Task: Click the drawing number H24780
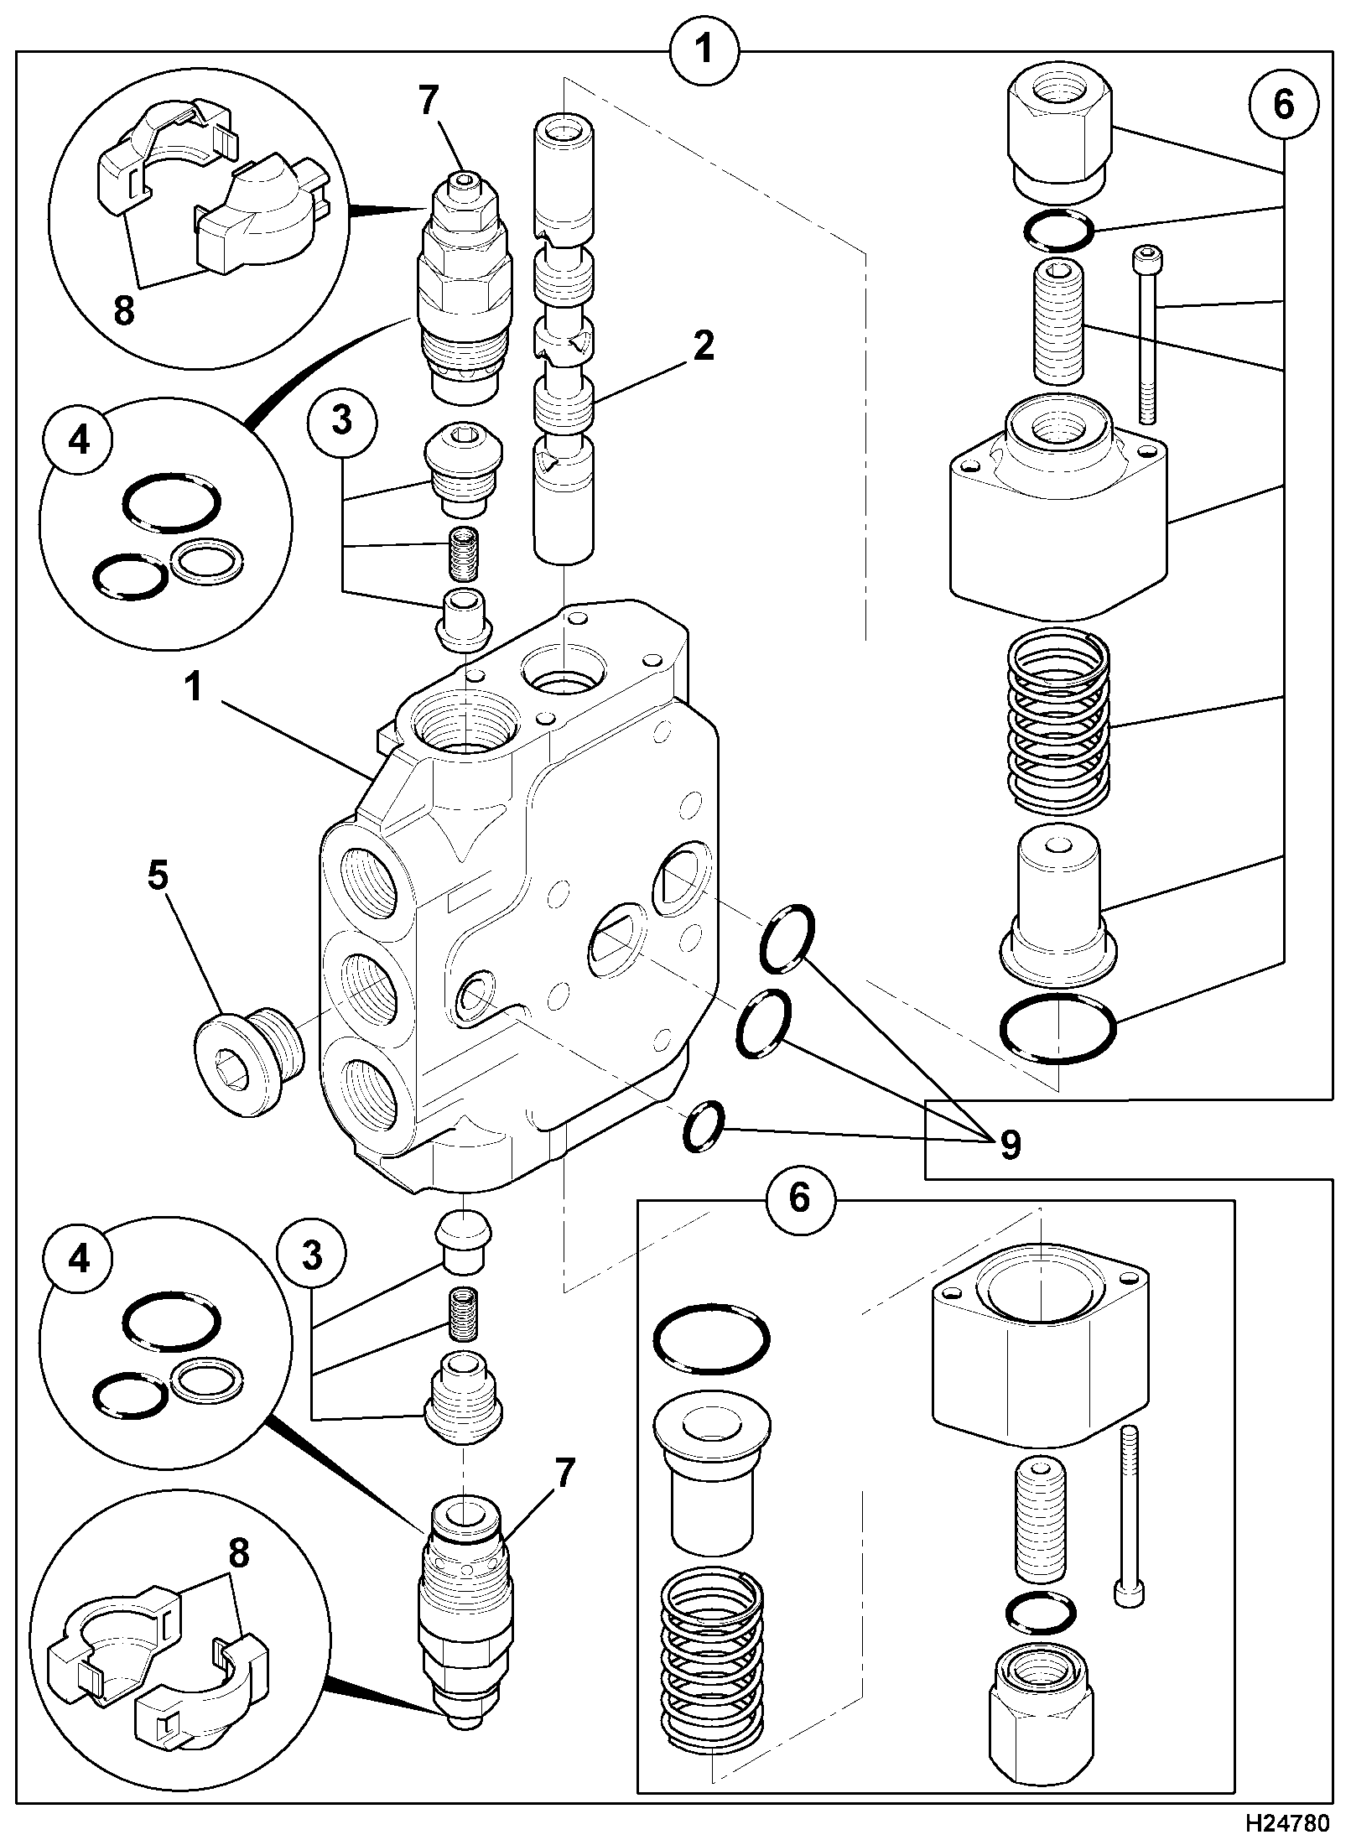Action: pos(1287,1819)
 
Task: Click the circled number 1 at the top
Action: pos(704,49)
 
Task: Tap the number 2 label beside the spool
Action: pos(703,346)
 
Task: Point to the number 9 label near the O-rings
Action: pos(1011,1145)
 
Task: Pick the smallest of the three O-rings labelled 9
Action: pos(702,1125)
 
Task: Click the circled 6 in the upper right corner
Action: pos(1283,106)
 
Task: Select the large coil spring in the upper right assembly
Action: pos(1058,721)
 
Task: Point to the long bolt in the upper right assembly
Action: pos(1146,335)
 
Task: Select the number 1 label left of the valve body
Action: pos(194,688)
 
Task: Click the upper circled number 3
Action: pos(341,420)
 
